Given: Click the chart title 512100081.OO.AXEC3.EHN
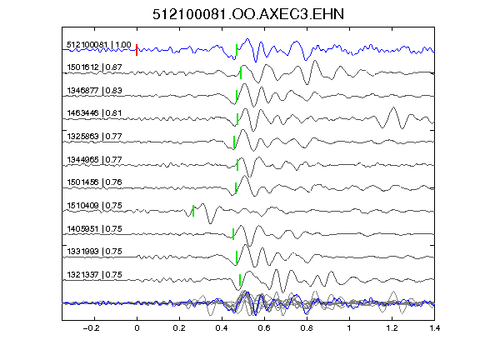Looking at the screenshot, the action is coord(248,14).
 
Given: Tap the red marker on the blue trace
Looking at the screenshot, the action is coord(137,50).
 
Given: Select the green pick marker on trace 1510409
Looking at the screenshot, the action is coord(193,211).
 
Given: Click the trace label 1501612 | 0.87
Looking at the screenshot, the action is coord(95,67).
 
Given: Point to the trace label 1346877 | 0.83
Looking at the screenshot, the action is coord(95,91).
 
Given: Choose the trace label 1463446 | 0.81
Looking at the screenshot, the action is coord(95,113).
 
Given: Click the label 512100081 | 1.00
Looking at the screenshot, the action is coord(99,45).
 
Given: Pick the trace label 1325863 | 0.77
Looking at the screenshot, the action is coord(95,136).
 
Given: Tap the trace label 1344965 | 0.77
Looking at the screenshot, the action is coord(95,160).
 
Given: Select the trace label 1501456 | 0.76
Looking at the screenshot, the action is coord(95,182).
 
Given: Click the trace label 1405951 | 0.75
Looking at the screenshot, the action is coord(95,229).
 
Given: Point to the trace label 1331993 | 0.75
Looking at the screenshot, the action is coord(95,252).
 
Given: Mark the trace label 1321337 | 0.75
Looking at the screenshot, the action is coord(95,275).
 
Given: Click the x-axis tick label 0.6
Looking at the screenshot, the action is coord(264,328).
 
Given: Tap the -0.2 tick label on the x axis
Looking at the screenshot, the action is coord(91,328).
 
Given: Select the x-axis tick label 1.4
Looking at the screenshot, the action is coord(434,328).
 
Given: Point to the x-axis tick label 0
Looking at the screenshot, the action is coord(137,328).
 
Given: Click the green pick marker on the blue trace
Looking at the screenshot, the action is coord(237,50).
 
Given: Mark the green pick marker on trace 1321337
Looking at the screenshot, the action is coord(240,280).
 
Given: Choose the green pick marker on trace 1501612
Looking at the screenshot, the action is coord(241,72).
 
